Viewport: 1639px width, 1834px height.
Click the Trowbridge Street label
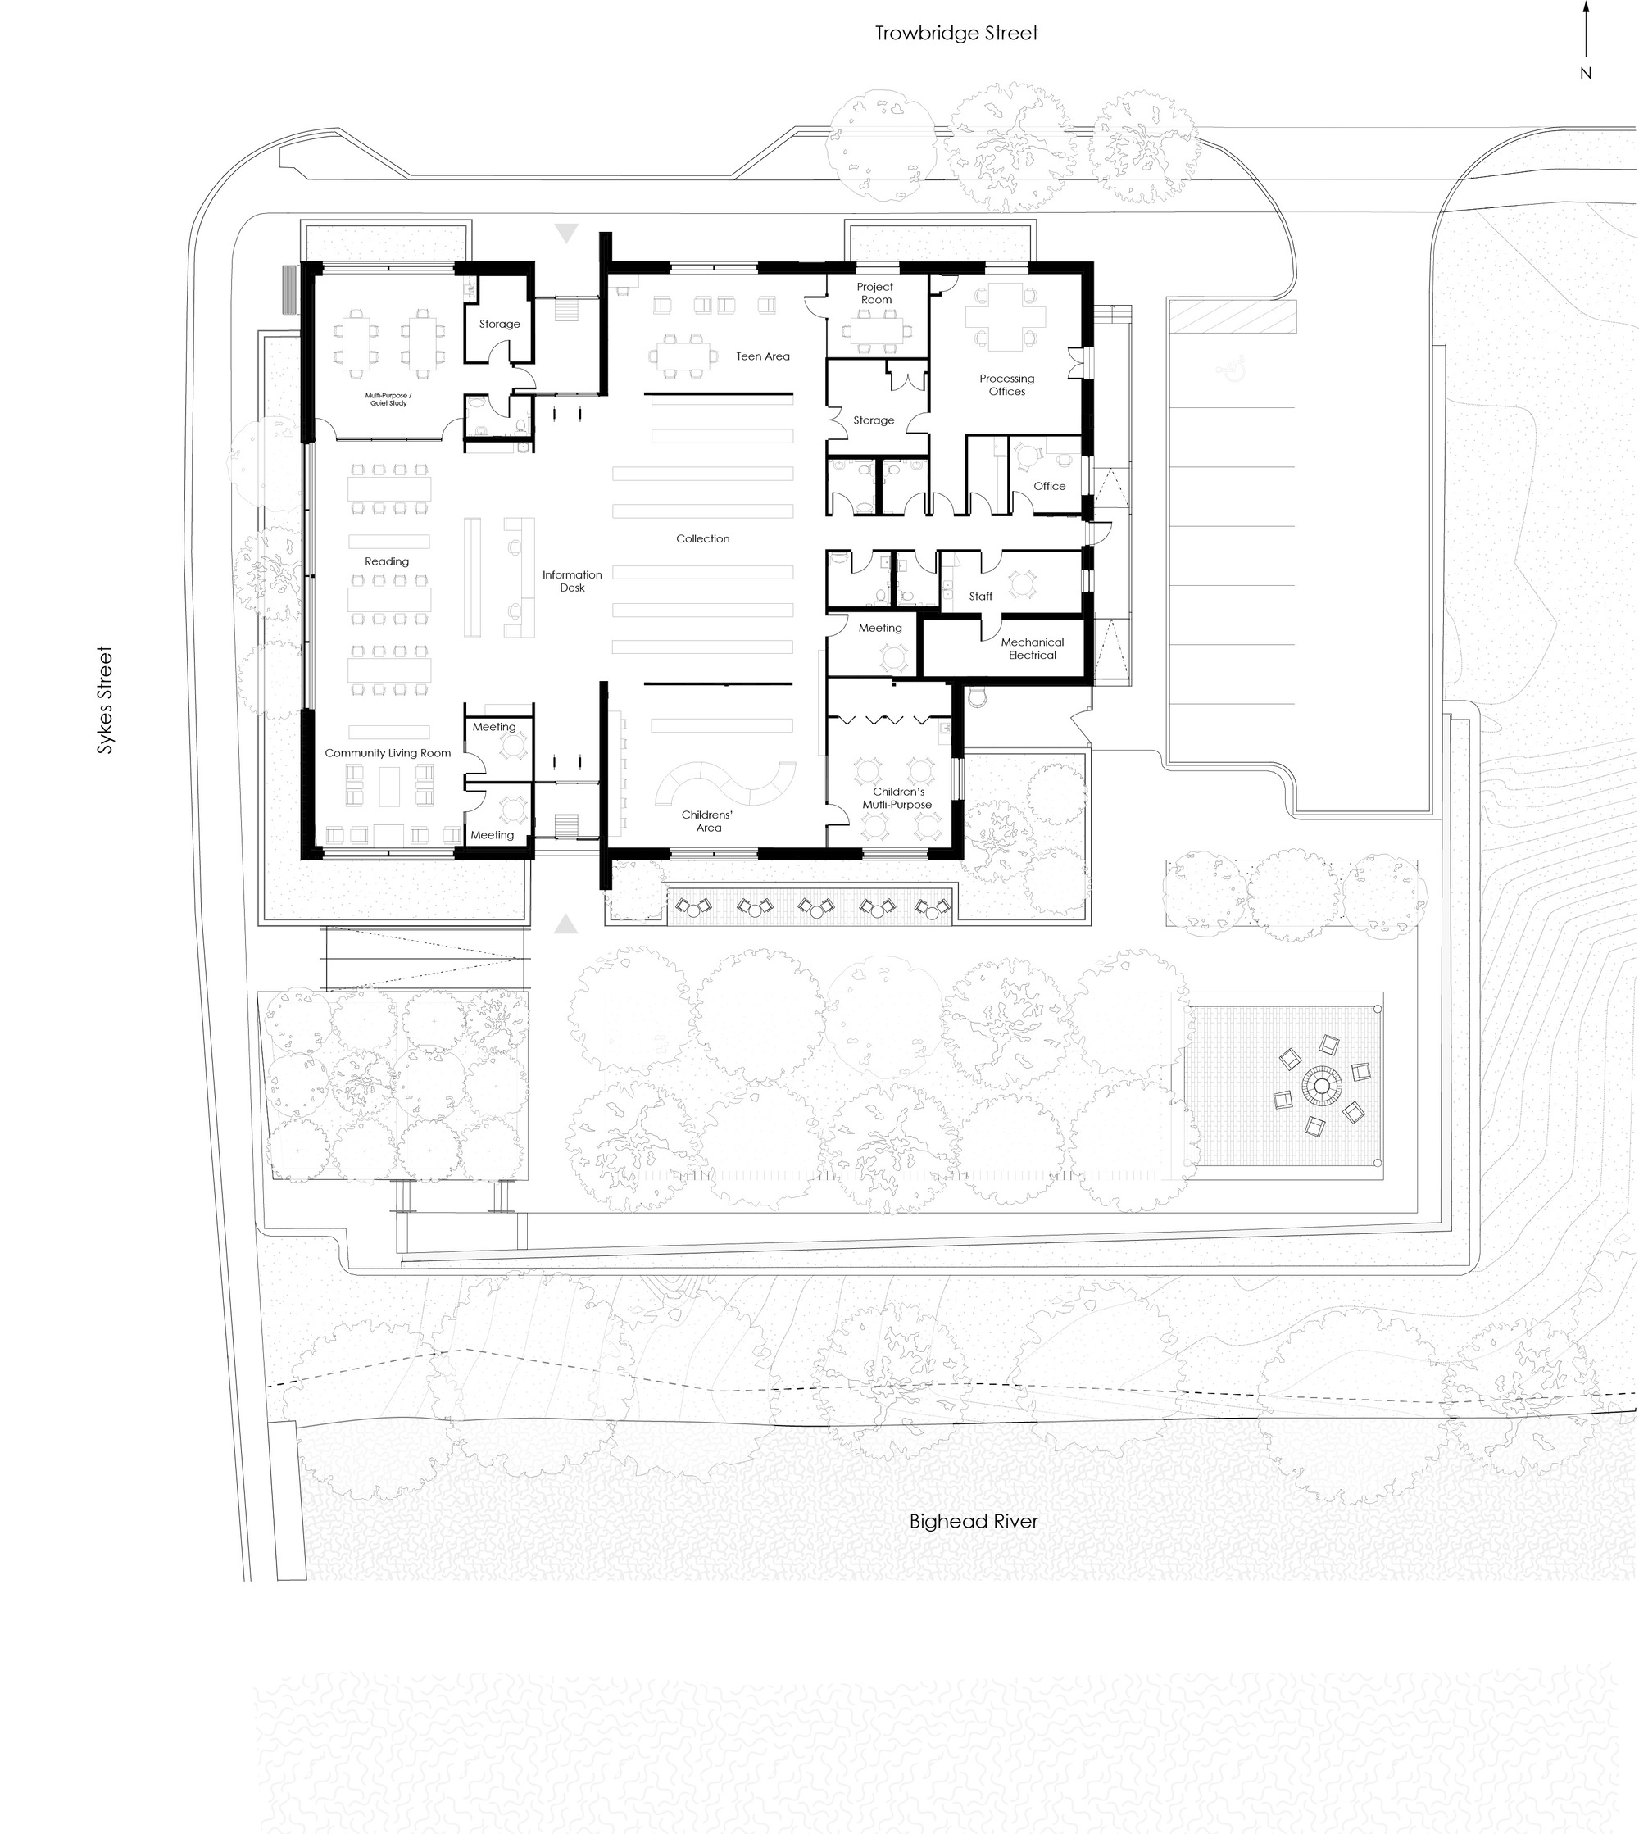coord(956,34)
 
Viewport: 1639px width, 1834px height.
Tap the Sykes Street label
coord(106,700)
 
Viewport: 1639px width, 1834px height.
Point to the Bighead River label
coord(974,1522)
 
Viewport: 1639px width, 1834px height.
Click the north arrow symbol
coord(1586,40)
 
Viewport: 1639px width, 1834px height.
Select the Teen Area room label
coord(763,356)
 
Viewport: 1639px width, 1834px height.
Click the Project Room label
coord(875,293)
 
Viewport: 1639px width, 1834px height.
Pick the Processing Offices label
coord(1007,385)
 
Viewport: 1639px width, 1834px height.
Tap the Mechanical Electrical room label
coord(1032,649)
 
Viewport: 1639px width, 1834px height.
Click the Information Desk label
coord(572,582)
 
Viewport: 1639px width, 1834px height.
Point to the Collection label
coord(702,539)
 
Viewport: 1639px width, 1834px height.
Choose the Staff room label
coord(981,597)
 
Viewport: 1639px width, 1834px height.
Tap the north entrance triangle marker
coord(565,234)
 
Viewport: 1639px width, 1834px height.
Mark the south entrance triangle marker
coord(565,924)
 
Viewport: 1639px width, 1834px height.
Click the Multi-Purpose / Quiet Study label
coord(388,400)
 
